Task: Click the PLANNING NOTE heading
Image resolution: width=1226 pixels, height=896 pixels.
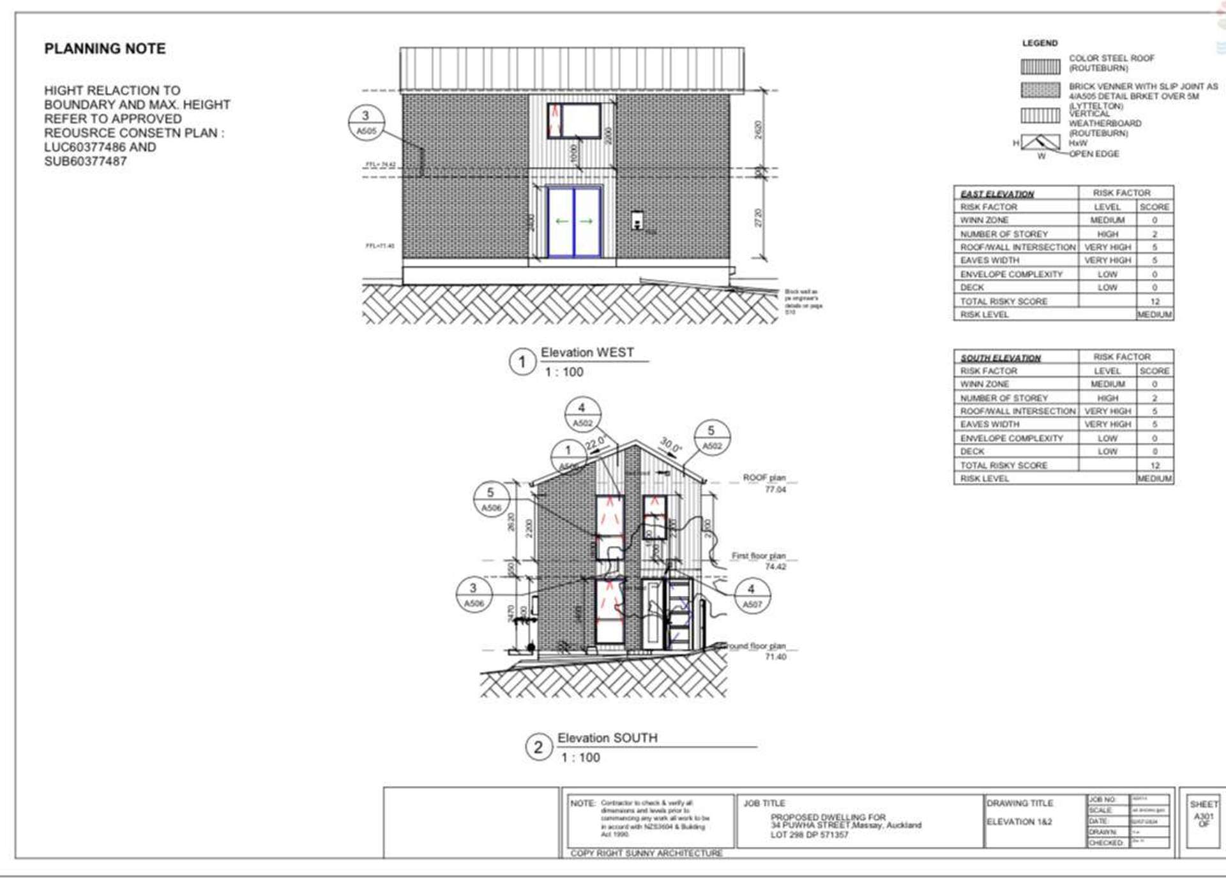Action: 105,49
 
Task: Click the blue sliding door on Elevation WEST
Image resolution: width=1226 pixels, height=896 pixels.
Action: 574,221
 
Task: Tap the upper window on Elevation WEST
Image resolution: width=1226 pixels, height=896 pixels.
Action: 574,121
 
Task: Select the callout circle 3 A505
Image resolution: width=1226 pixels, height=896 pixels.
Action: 367,123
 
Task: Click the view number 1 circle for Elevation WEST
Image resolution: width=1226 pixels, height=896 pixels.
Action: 522,362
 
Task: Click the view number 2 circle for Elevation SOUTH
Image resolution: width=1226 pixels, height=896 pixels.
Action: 538,747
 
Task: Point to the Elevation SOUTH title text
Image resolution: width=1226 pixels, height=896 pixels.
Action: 607,738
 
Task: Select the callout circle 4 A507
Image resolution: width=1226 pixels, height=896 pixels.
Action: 752,596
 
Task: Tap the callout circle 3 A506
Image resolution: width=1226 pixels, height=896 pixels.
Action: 474,595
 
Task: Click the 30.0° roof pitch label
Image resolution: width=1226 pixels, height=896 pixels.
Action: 670,445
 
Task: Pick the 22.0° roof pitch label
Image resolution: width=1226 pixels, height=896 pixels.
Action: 595,443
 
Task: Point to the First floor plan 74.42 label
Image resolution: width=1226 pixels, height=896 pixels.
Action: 759,561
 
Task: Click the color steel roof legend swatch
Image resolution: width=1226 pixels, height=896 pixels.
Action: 1040,66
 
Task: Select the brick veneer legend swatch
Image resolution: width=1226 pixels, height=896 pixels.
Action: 1040,90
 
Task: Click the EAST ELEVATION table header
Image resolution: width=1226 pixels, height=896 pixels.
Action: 997,193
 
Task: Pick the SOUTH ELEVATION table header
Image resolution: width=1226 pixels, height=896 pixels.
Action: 1000,357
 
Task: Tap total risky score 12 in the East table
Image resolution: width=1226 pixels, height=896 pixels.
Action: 1154,301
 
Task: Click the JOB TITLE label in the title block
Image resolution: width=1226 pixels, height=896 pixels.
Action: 764,803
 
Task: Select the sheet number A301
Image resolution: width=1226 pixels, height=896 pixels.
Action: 1203,816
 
